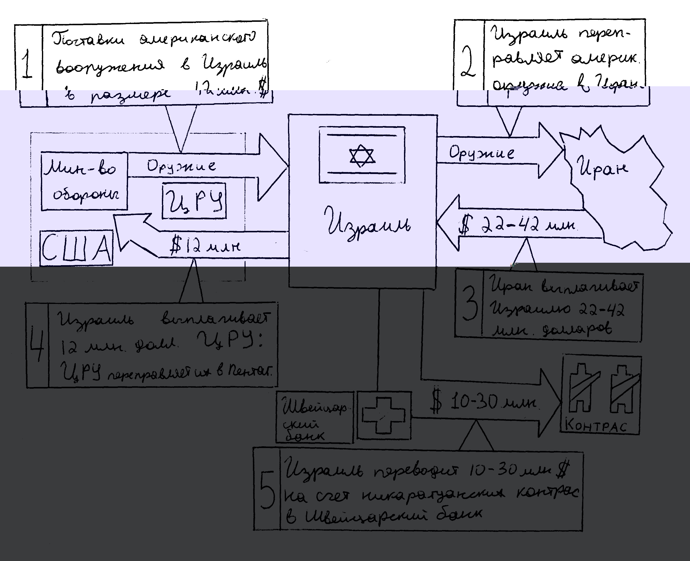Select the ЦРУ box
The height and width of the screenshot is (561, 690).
tap(194, 201)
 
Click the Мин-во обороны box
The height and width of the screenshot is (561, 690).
tap(84, 181)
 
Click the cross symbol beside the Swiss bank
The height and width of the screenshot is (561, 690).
tap(383, 415)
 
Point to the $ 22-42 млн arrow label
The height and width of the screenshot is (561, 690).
tap(517, 225)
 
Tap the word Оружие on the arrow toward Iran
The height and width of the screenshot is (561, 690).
tap(481, 153)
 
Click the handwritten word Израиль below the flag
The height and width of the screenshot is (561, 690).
tap(368, 224)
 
